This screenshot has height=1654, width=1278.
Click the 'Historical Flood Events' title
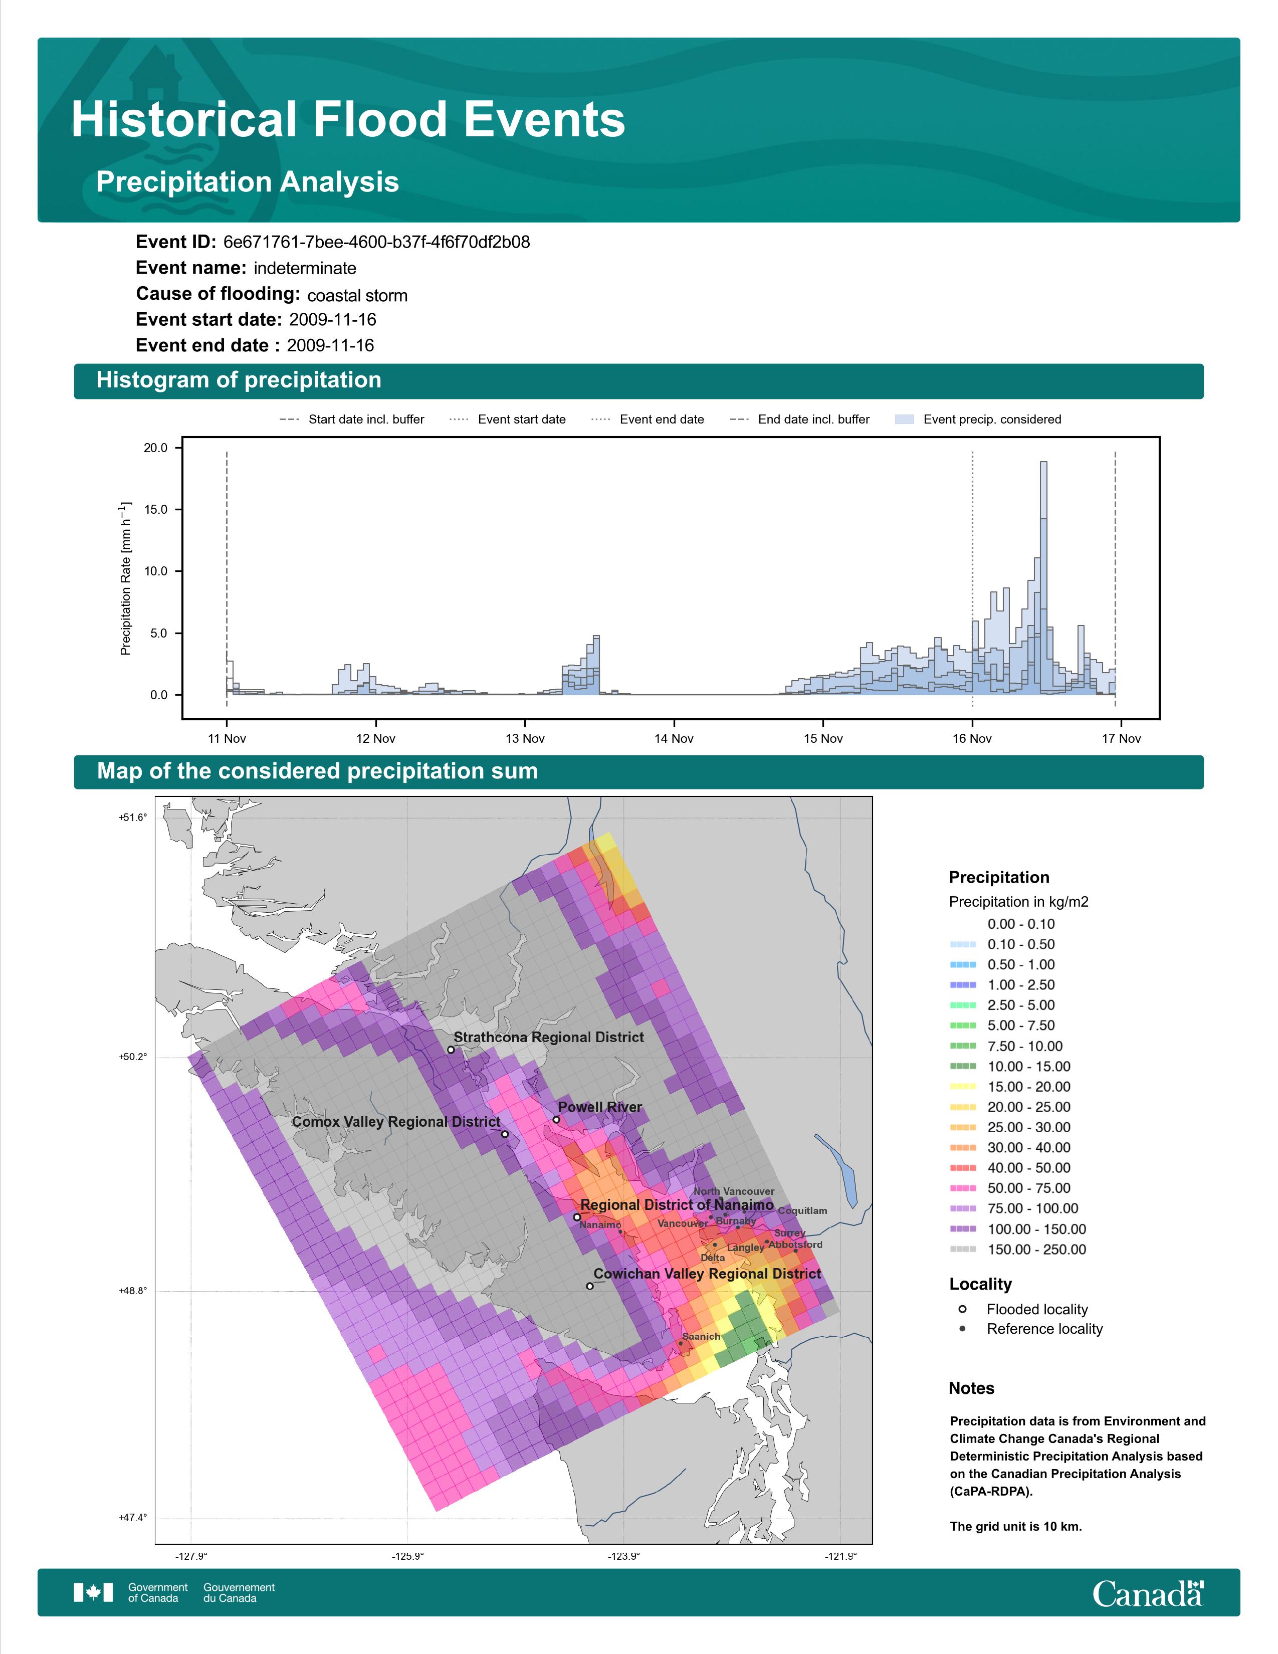click(348, 120)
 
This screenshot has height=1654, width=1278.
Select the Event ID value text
click(376, 243)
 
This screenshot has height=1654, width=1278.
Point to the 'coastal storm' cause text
click(357, 295)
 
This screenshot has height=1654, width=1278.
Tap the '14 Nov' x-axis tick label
click(674, 738)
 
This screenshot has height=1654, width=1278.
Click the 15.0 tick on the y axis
click(156, 510)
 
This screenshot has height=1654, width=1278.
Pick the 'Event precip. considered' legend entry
click(978, 420)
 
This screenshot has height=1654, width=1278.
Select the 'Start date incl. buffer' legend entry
click(352, 420)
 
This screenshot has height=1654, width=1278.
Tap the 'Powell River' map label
click(599, 1107)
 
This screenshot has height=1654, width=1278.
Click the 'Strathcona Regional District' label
click(549, 1038)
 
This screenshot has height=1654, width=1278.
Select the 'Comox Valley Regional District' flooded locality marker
click(505, 1134)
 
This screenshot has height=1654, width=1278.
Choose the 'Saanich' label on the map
click(701, 1337)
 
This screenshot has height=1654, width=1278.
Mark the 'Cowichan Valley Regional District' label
click(707, 1274)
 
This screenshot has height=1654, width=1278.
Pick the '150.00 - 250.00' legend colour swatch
click(962, 1250)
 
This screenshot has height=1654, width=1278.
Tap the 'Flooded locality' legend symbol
click(962, 1309)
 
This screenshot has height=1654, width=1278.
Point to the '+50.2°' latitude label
click(132, 1057)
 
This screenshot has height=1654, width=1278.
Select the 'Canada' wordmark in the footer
click(1148, 1593)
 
